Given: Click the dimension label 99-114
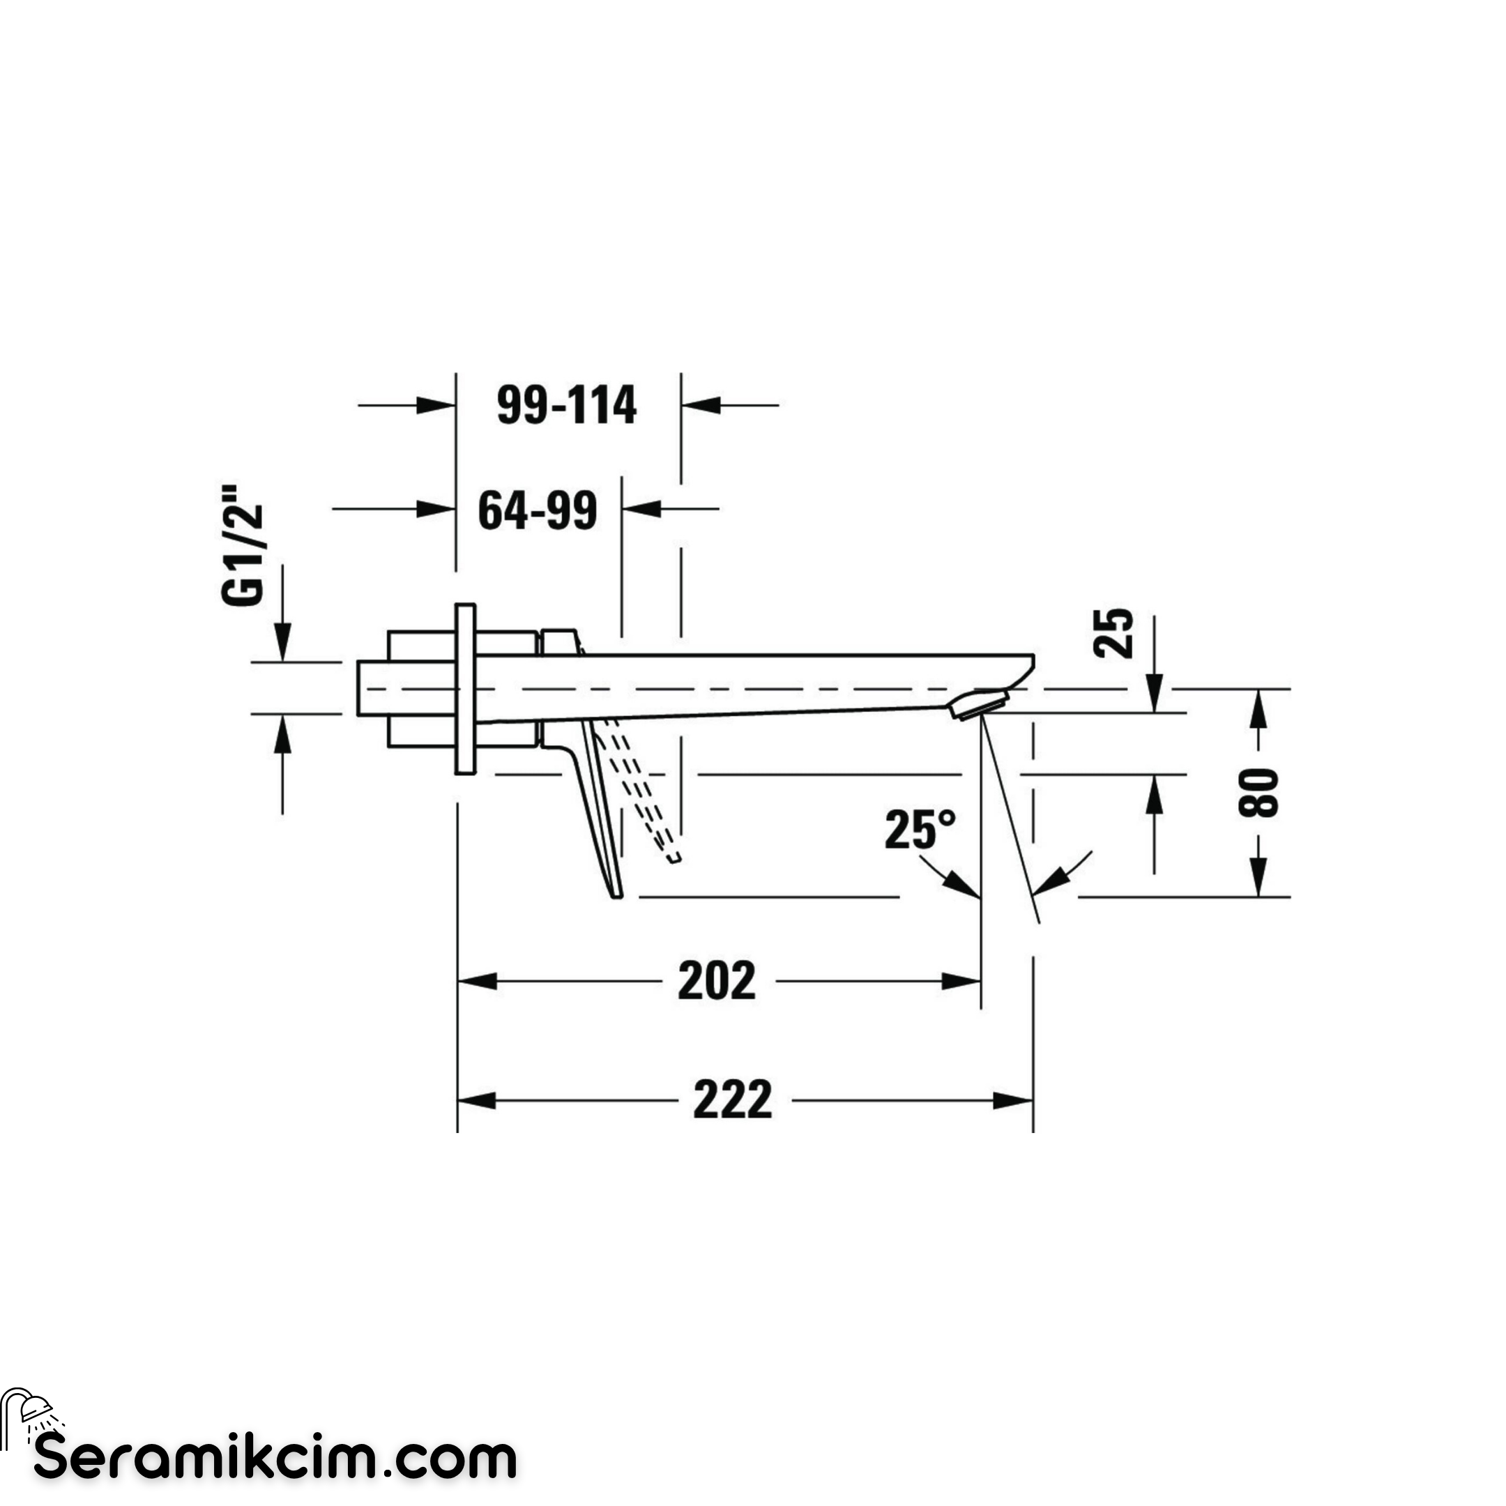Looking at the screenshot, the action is [567, 405].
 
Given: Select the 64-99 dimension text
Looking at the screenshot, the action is [537, 510].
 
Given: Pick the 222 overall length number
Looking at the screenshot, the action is [733, 1100].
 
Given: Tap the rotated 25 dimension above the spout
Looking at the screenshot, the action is [1113, 632].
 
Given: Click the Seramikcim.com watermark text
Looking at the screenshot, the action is [275, 1458].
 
